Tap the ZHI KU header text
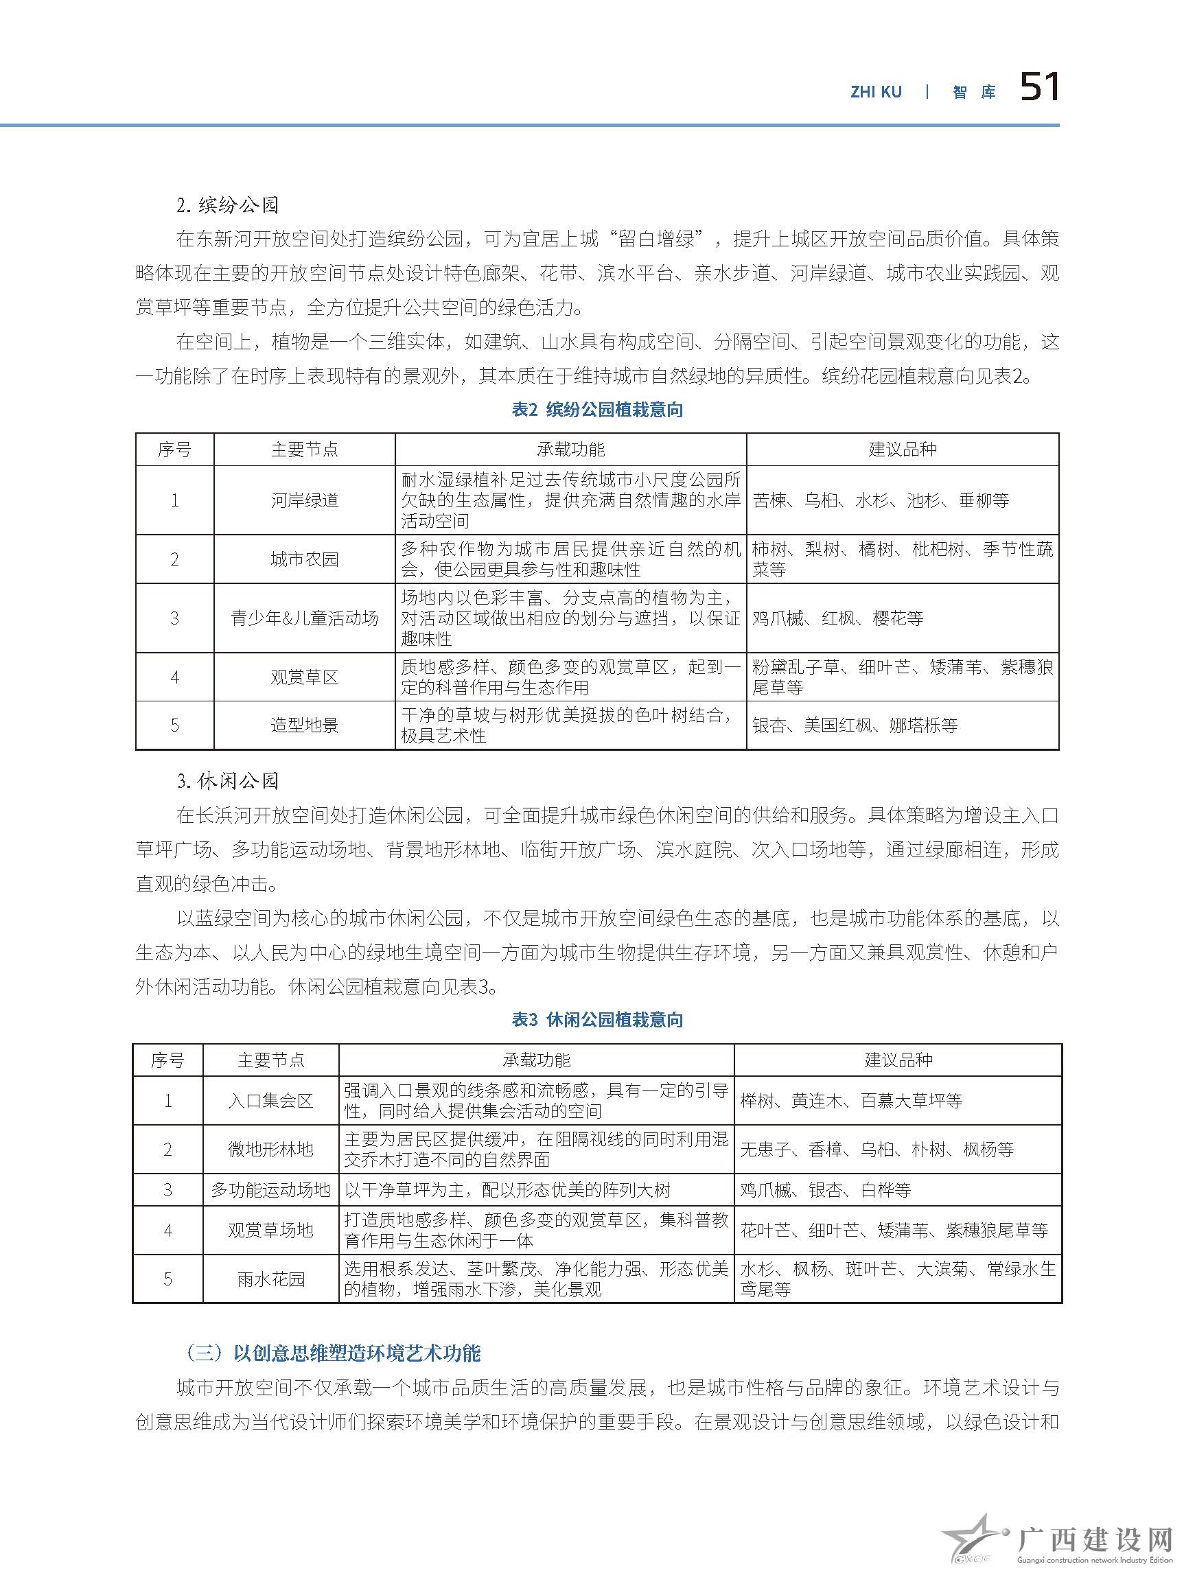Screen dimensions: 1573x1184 pyautogui.click(x=876, y=92)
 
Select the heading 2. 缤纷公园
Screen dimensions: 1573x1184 pyautogui.click(x=228, y=205)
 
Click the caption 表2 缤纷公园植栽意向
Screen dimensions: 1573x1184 pyautogui.click(x=597, y=410)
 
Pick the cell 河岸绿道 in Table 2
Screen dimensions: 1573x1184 pyautogui.click(x=304, y=500)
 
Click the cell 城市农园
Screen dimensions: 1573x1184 pyautogui.click(x=304, y=559)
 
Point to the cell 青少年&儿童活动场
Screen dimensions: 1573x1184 pyautogui.click(x=304, y=618)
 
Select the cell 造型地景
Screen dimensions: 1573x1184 pyautogui.click(x=304, y=725)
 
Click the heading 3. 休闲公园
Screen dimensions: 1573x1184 pyautogui.click(x=228, y=782)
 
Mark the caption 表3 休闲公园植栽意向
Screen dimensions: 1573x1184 pyautogui.click(x=597, y=1020)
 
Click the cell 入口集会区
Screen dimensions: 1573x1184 pyautogui.click(x=270, y=1101)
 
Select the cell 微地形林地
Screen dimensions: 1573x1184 pyautogui.click(x=270, y=1150)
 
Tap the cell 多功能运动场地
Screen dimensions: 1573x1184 pyautogui.click(x=270, y=1191)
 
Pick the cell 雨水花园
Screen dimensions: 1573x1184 pyautogui.click(x=270, y=1279)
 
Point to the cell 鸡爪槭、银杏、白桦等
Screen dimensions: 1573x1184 pyautogui.click(x=825, y=1191)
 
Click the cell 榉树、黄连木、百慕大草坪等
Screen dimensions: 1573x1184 pyautogui.click(x=850, y=1101)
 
